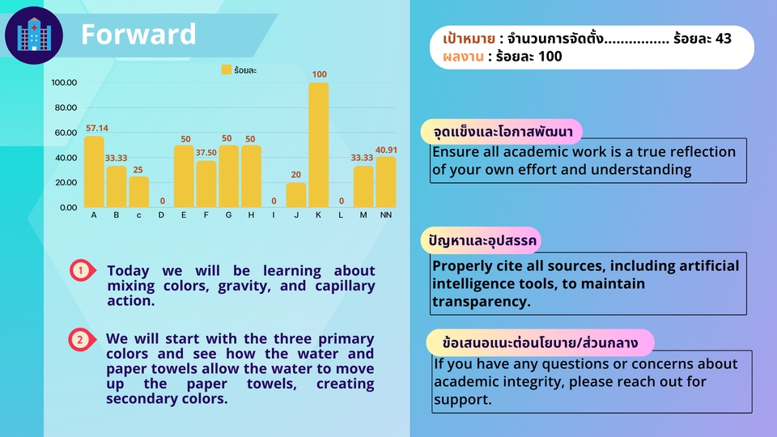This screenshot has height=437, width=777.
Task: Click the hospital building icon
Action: click(x=33, y=35)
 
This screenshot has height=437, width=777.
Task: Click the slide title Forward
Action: click(x=138, y=35)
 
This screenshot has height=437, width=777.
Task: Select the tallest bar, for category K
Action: click(x=319, y=144)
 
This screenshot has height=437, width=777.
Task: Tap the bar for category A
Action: click(x=95, y=172)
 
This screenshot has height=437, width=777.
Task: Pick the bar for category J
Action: click(x=296, y=194)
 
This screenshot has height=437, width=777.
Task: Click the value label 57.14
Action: click(x=96, y=128)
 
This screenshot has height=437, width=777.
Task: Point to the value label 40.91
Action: click(x=386, y=150)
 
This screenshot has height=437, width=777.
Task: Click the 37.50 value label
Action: click(x=206, y=152)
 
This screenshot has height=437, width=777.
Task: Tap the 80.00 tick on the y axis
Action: click(x=63, y=108)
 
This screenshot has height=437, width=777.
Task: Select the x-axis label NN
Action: click(x=386, y=215)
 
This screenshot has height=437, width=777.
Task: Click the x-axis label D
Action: click(x=162, y=215)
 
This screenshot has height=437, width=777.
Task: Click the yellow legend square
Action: click(x=226, y=70)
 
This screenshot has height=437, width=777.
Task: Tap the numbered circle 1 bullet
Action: click(x=80, y=271)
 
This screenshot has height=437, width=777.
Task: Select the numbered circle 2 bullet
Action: click(x=80, y=340)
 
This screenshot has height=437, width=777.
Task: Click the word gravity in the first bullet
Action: click(x=236, y=286)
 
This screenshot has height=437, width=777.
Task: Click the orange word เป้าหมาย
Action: click(x=469, y=39)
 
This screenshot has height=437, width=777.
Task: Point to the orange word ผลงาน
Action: click(x=463, y=57)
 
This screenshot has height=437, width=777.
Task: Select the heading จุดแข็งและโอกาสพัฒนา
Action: click(x=502, y=131)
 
